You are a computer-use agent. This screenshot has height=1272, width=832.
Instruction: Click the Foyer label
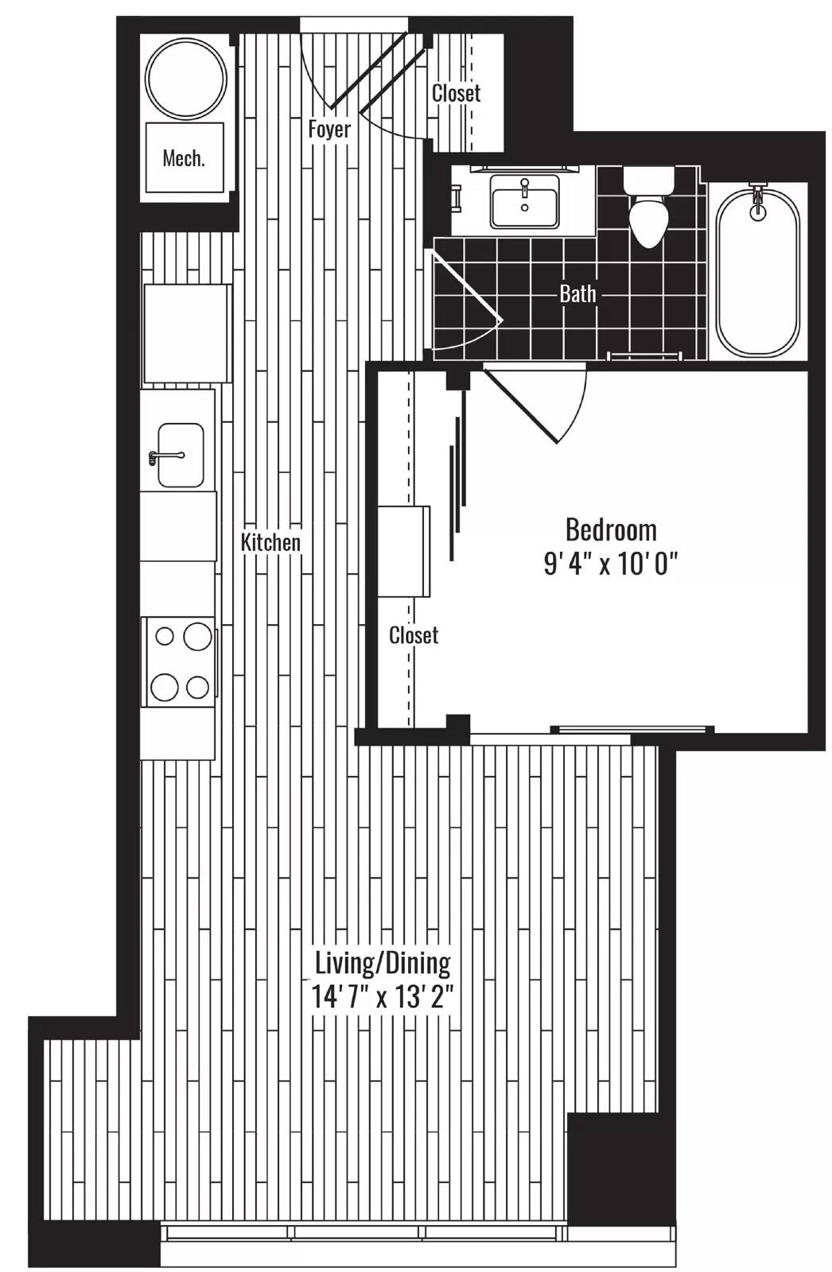(329, 130)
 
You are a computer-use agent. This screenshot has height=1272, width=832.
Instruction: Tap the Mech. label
(184, 158)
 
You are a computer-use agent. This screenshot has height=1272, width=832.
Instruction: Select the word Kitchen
(270, 542)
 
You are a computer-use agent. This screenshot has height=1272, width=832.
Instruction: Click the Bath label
(577, 293)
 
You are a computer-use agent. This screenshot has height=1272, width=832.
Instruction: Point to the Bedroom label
(611, 529)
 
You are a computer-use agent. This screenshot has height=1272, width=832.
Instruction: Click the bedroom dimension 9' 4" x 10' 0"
(611, 564)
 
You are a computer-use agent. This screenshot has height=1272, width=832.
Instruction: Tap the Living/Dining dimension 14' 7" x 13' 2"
(383, 997)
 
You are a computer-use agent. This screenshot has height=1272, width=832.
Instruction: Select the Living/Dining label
(383, 963)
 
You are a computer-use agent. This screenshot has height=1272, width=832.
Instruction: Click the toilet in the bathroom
(648, 206)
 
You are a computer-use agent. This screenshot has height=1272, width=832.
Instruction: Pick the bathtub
(757, 271)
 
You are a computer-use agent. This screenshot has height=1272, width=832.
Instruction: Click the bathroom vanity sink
(524, 202)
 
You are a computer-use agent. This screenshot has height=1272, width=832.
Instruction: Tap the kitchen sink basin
(181, 455)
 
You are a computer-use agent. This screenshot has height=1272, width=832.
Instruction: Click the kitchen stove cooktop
(179, 661)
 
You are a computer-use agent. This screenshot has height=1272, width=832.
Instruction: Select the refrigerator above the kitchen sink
(187, 333)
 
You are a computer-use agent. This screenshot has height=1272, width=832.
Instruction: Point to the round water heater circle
(186, 79)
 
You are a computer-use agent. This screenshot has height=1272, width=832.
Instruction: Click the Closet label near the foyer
(456, 93)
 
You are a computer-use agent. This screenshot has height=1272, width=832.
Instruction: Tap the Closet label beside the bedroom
(413, 635)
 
